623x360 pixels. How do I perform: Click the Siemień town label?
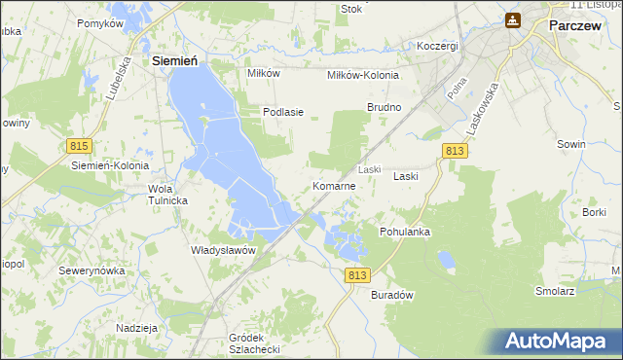(x=176, y=60)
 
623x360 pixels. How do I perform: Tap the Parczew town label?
(x=579, y=27)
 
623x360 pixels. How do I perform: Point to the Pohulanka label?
(x=405, y=233)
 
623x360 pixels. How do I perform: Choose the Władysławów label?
(x=223, y=249)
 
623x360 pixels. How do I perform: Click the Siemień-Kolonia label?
(x=108, y=165)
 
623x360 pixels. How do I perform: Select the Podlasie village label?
(x=283, y=112)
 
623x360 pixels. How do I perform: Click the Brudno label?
(x=384, y=106)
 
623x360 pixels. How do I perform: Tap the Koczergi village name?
(x=437, y=47)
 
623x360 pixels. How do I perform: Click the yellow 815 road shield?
(x=80, y=145)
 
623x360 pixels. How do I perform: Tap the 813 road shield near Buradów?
(x=357, y=276)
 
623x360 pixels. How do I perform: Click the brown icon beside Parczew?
(x=513, y=20)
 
